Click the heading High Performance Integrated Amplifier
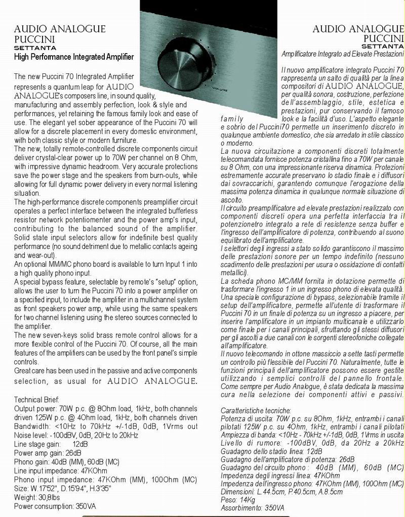click(74, 57)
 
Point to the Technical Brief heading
click(37, 399)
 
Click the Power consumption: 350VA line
click(55, 506)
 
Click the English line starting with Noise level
click(76, 435)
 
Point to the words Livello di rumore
click(249, 443)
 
